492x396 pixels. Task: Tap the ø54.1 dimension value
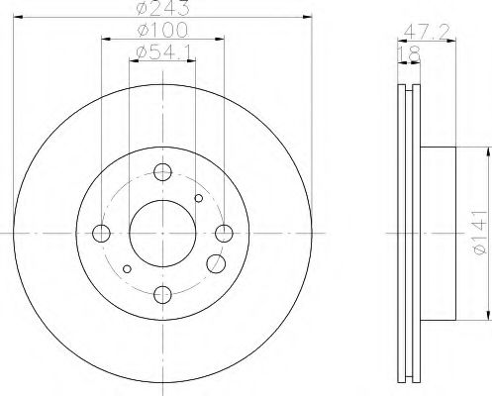point(158,52)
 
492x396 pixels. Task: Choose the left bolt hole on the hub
point(101,234)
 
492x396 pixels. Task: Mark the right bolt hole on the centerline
point(224,234)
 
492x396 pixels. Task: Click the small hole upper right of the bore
point(199,199)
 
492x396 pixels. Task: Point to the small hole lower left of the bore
point(126,269)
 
